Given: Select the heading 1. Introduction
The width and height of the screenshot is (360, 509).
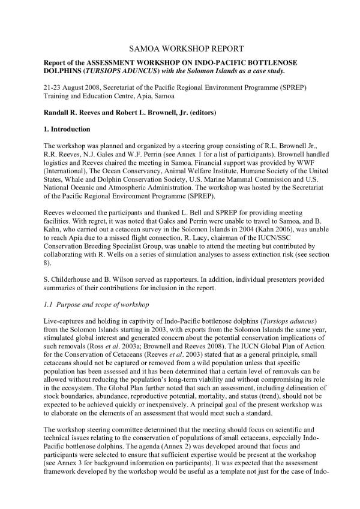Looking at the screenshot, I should point(67,129).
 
